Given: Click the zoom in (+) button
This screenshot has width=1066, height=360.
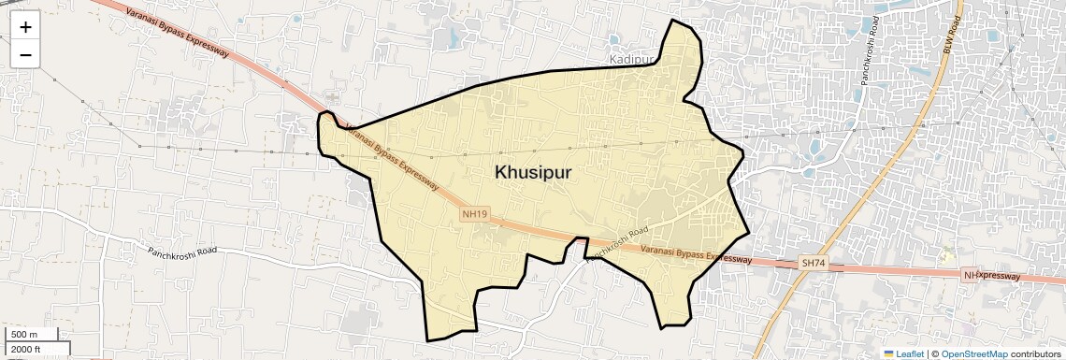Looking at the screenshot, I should click(25, 26).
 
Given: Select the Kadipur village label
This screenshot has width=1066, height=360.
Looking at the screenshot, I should click(631, 59).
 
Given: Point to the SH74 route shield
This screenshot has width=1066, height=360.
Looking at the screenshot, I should click(813, 265).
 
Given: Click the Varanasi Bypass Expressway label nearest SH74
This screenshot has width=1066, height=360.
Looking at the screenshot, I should click(697, 253).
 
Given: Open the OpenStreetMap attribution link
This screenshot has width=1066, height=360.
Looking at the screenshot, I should click(973, 353).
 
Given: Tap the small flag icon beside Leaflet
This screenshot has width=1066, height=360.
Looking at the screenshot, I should click(888, 353).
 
